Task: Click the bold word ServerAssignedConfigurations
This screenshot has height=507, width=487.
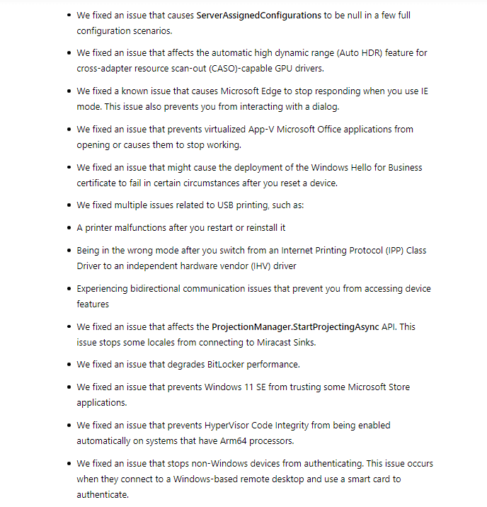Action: click(x=258, y=15)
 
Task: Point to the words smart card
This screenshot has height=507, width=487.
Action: click(x=355, y=479)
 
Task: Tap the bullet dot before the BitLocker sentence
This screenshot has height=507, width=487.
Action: click(x=68, y=365)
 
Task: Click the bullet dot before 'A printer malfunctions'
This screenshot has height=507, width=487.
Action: click(x=68, y=228)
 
